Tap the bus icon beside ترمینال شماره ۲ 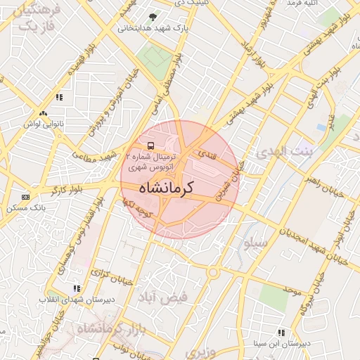coord(133,148)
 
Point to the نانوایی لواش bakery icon coord(44,112)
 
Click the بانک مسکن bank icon coord(26,197)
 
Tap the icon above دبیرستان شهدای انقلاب coord(76,288)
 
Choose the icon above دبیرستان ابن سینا coord(281,333)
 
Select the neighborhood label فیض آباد coord(164,297)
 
